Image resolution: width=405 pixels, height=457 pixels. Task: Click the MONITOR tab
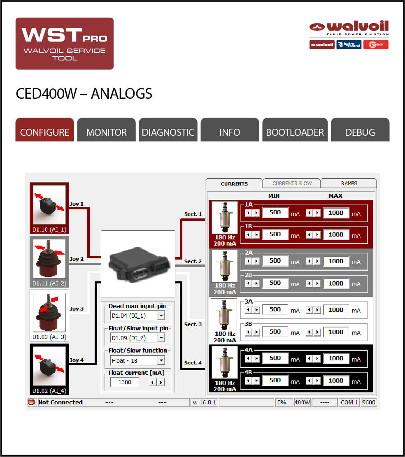[107, 130]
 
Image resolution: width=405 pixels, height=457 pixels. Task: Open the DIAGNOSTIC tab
[168, 130]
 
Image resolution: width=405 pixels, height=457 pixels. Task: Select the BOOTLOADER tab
[295, 130]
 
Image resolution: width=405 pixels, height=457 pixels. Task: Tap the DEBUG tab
[360, 130]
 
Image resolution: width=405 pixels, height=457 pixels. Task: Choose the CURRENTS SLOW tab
[292, 183]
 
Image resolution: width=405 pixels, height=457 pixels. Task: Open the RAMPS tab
[349, 183]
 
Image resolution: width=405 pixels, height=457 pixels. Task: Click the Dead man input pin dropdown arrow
[161, 315]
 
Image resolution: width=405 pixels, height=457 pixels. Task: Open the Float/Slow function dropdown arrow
[161, 360]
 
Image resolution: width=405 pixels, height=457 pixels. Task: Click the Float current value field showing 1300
[125, 382]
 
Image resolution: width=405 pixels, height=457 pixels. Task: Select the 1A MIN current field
[275, 213]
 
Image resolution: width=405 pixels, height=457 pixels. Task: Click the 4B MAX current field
[336, 380]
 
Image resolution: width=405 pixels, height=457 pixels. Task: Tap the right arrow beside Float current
[161, 382]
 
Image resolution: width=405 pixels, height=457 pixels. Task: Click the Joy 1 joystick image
[49, 205]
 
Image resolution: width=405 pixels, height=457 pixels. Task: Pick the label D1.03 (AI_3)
[49, 337]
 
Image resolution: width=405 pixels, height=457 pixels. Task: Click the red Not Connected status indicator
[31, 402]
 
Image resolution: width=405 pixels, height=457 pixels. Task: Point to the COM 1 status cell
[349, 403]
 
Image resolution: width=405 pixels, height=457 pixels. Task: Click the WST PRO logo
[65, 44]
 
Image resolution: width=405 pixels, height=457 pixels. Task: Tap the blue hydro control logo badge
[349, 44]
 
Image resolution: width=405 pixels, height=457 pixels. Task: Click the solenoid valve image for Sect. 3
[224, 315]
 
